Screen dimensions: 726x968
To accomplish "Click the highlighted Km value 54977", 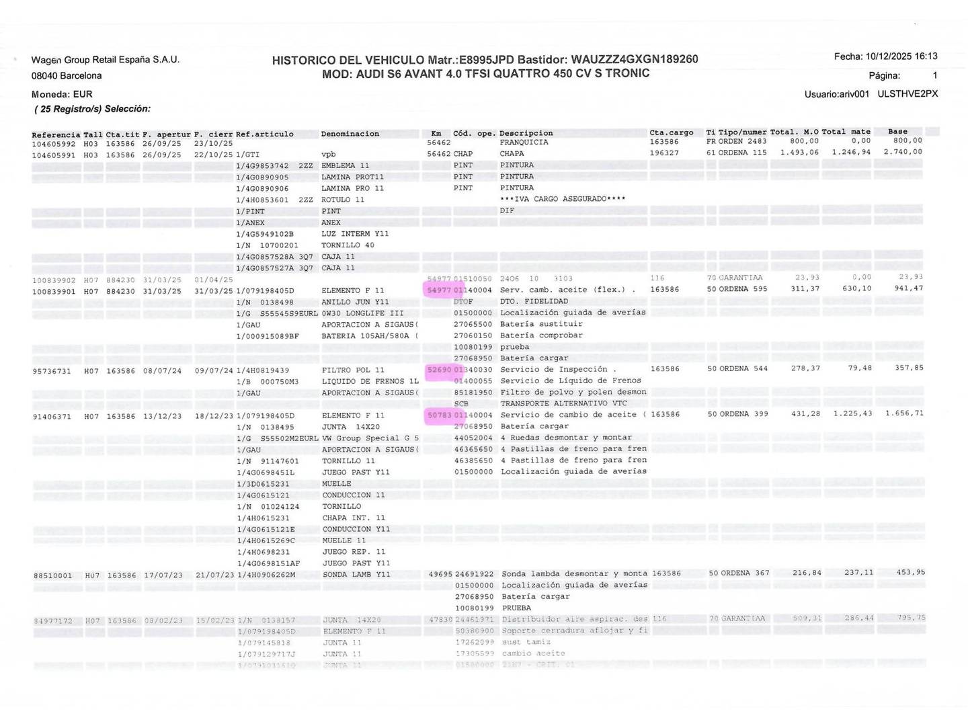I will pos(439,290).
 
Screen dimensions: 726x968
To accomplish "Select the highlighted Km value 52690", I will pos(439,369).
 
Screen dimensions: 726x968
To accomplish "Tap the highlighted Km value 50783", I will pos(439,415).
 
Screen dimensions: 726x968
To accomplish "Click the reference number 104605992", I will pos(54,143).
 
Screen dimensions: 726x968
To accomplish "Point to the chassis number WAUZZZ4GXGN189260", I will pos(634,59).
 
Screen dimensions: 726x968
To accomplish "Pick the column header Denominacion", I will pos(350,134).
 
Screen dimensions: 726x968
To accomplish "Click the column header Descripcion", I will pos(526,133).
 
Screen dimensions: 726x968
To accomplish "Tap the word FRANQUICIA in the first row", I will pos(524,143).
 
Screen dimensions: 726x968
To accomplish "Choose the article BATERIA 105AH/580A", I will pos(370,335).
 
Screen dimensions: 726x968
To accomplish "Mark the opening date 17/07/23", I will pos(163,575).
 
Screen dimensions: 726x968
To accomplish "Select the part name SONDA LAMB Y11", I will pos(356,575).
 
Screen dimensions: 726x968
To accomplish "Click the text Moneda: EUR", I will pos(62,94).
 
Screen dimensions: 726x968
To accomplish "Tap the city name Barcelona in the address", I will pos(81,75).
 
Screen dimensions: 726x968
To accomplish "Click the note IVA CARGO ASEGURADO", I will pos(563,199).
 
